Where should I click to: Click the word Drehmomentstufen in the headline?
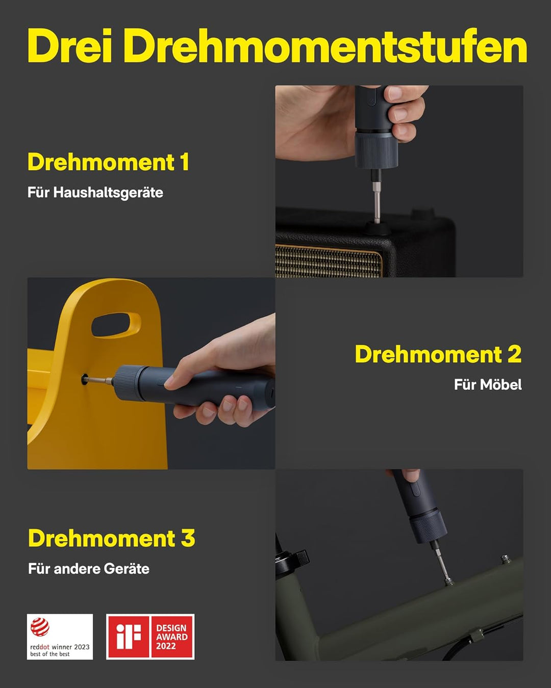click(325, 46)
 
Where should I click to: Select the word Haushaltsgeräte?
click(108, 193)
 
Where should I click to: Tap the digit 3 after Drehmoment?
click(188, 538)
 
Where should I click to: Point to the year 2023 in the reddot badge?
click(82, 647)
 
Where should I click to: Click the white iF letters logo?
click(129, 637)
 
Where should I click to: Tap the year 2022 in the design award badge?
click(166, 646)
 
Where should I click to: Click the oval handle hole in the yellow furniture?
click(116, 325)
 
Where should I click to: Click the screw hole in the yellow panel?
click(85, 380)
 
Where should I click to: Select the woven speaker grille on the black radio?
click(329, 260)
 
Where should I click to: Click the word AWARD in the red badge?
click(172, 637)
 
